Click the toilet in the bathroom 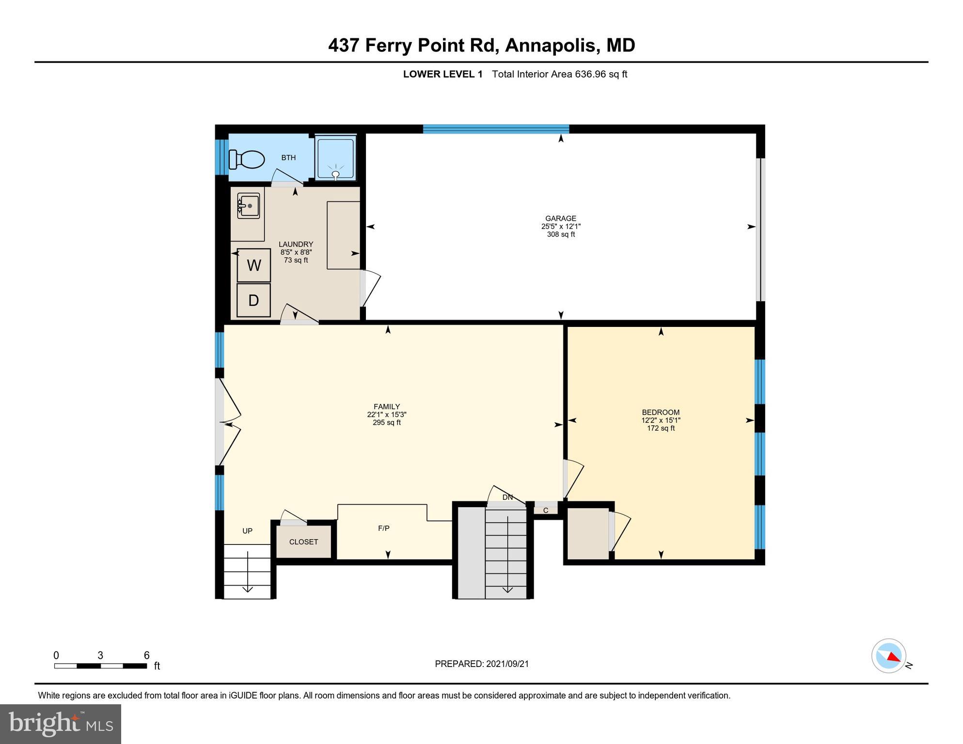point(248,159)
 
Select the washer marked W point(254,265)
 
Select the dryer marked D point(253,300)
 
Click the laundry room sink point(248,206)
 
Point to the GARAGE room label point(561,218)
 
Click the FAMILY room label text point(386,407)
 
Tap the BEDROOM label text point(661,413)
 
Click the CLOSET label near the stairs point(303,542)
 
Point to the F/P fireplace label point(383,528)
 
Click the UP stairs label point(247,531)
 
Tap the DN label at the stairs point(507,497)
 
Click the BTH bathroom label point(288,157)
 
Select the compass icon point(889,655)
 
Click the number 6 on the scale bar point(146,655)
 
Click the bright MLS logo point(61,724)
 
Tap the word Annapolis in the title point(550,45)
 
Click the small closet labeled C point(545,511)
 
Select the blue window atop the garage point(496,129)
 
